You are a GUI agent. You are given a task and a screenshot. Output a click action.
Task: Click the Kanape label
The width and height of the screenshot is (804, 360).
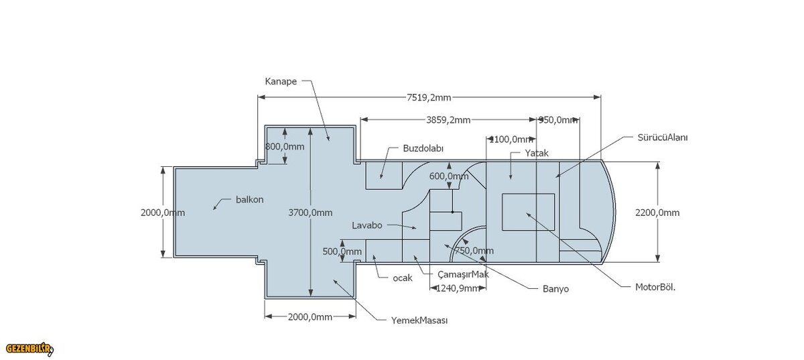pos(281,80)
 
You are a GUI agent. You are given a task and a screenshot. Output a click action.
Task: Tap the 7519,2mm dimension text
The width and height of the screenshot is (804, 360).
pos(429,98)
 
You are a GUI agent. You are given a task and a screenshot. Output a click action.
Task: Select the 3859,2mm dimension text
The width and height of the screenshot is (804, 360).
pos(448,120)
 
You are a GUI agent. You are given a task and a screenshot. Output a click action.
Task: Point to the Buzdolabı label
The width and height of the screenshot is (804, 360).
pos(423,148)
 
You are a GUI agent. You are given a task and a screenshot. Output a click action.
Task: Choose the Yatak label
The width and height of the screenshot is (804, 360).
pos(537,154)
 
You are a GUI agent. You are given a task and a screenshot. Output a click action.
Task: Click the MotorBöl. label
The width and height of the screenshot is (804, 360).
pos(655,287)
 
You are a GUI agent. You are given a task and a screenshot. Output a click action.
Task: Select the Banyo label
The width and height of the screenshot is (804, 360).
pos(555,290)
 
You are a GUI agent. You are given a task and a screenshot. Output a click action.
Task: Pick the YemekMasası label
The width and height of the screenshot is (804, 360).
pos(419,320)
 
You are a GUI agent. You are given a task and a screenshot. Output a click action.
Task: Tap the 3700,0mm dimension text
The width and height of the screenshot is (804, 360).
pos(310,213)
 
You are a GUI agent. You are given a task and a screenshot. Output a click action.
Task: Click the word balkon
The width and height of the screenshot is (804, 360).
pos(250,200)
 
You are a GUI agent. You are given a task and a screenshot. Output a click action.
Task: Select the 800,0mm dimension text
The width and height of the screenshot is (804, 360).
pos(285,146)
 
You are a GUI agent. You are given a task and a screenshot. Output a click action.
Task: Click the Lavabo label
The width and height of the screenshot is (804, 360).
pos(367,225)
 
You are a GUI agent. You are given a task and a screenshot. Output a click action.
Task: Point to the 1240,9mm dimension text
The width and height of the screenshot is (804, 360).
pos(458,288)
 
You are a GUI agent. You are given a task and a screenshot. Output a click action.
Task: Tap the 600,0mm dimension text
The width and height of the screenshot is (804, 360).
pos(448,176)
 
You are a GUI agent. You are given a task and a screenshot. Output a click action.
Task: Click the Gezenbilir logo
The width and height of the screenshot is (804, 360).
pos(28,349)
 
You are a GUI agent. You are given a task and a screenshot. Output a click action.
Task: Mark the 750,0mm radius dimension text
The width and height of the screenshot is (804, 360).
pos(474,251)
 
